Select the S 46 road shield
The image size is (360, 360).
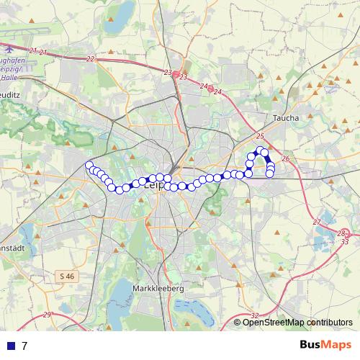click(x=67, y=275)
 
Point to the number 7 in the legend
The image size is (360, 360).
click(x=24, y=346)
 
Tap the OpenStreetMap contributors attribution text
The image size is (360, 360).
click(x=297, y=323)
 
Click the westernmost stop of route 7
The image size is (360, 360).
click(x=89, y=166)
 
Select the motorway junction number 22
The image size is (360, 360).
click(x=90, y=58)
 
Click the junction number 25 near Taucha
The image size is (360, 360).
click(x=260, y=136)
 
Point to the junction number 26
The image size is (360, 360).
click(x=286, y=158)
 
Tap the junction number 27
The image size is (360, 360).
click(x=316, y=222)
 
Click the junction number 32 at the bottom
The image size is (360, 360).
click(x=255, y=315)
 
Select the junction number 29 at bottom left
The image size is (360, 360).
click(x=47, y=315)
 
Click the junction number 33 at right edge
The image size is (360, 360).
click(x=345, y=241)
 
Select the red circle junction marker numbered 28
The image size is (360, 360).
click(x=343, y=233)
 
